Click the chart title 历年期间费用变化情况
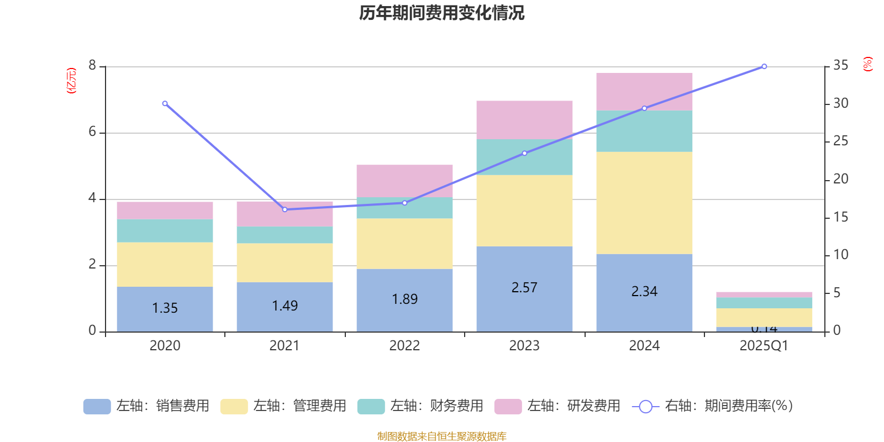click(x=441, y=13)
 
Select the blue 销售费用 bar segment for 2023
click(x=524, y=271)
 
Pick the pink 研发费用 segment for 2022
click(x=404, y=181)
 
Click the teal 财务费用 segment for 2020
click(x=165, y=230)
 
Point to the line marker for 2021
click(x=285, y=209)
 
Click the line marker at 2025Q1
click(x=764, y=66)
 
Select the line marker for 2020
click(x=165, y=103)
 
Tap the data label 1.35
click(x=165, y=308)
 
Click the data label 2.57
click(x=524, y=288)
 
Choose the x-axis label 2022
click(x=404, y=346)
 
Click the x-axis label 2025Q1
click(x=764, y=346)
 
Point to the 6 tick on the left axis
click(x=92, y=132)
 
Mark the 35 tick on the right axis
click(x=840, y=66)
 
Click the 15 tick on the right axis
click(x=840, y=217)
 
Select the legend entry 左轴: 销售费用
click(x=146, y=406)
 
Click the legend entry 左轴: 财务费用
click(x=420, y=406)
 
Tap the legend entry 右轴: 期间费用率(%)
click(x=713, y=406)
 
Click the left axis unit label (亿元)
click(x=71, y=81)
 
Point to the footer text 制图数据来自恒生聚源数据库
click(x=441, y=436)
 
